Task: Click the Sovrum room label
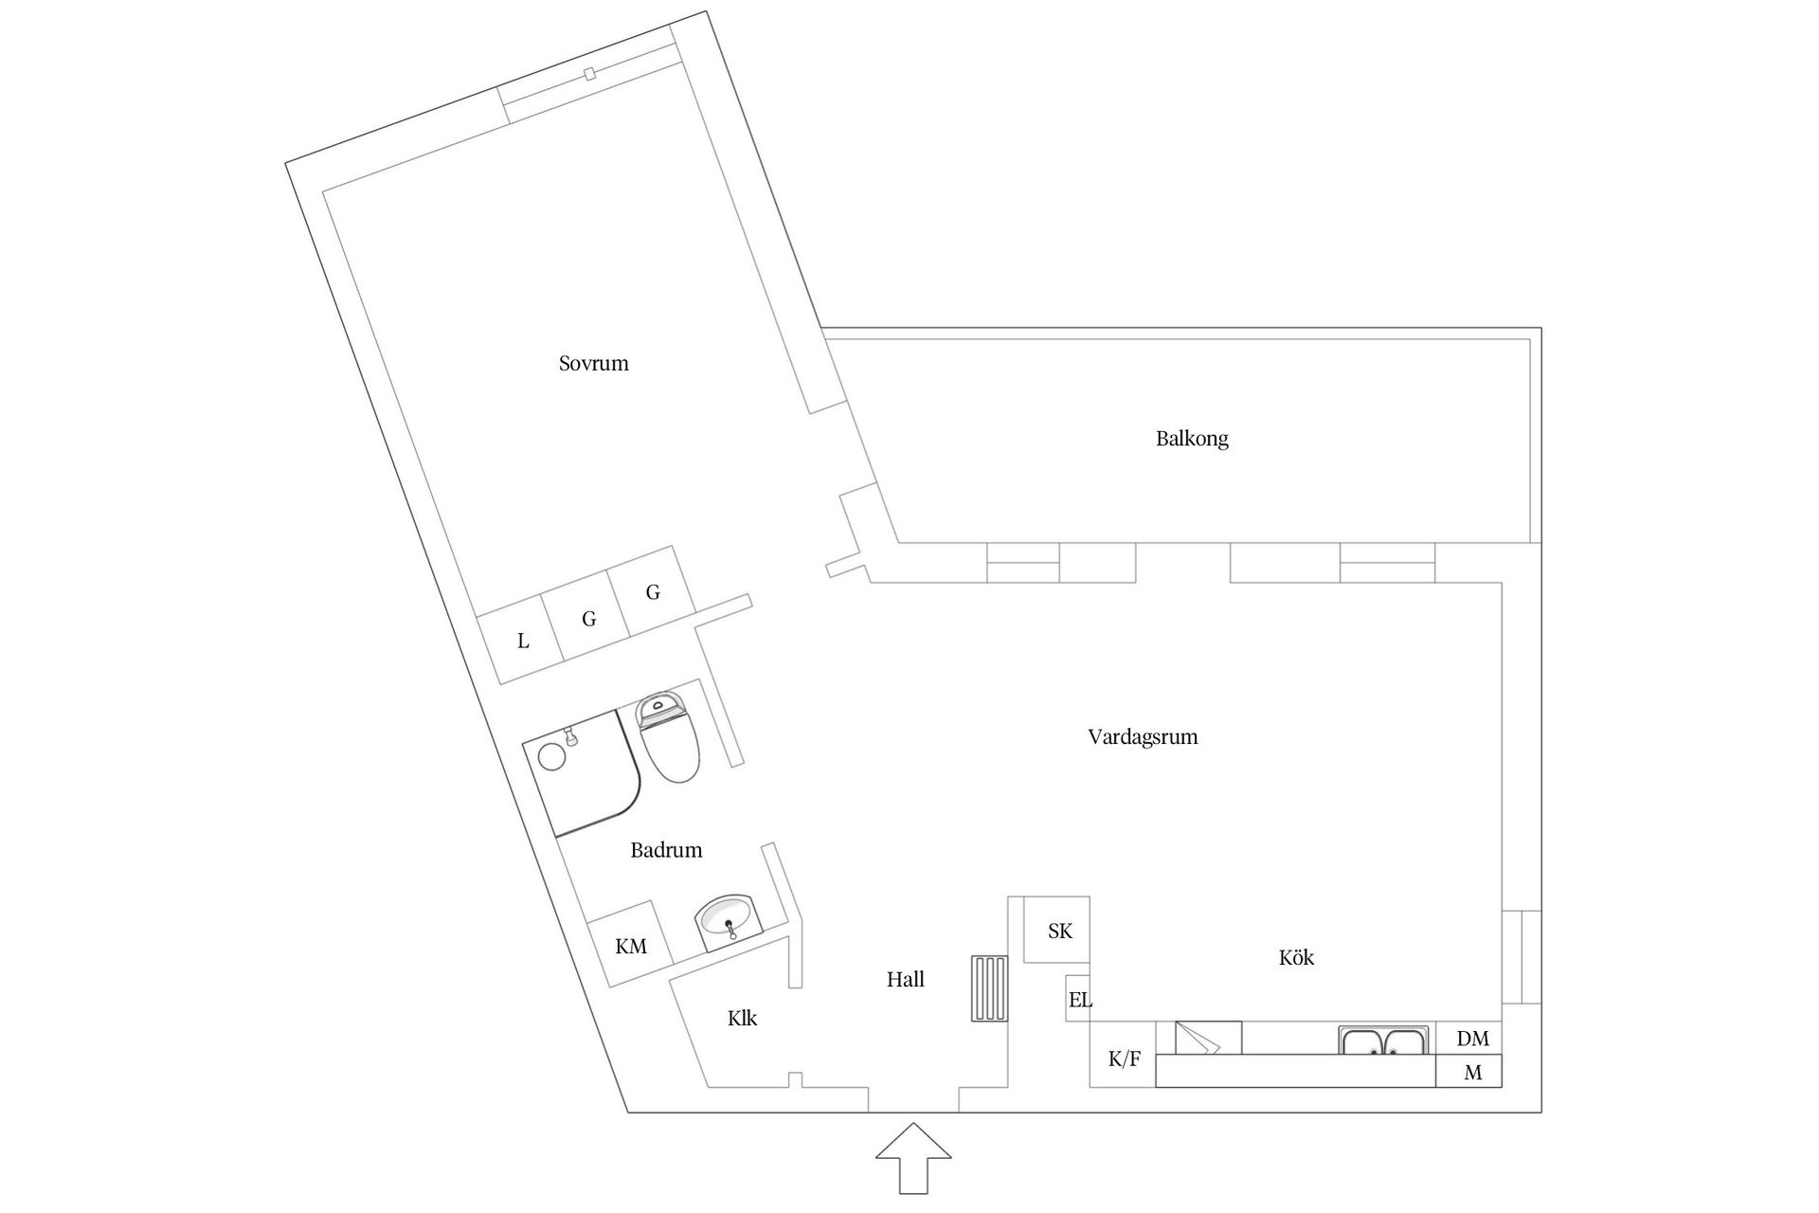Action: (x=593, y=364)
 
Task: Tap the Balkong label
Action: (x=1192, y=439)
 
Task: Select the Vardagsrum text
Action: (x=1143, y=737)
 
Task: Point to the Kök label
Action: (x=1296, y=958)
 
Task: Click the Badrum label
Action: (x=666, y=850)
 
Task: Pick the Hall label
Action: (x=905, y=980)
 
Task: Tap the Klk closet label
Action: (x=742, y=1019)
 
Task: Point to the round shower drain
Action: (x=550, y=756)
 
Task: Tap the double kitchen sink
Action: (x=1383, y=1041)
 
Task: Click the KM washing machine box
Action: (x=631, y=946)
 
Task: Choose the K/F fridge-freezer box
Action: (x=1124, y=1059)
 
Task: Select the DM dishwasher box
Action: (x=1471, y=1039)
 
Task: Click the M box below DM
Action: (x=1471, y=1073)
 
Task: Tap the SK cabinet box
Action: (x=1059, y=931)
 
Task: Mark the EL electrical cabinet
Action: (x=1079, y=999)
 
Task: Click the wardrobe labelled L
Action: (x=523, y=643)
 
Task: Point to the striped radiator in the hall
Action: (x=989, y=988)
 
